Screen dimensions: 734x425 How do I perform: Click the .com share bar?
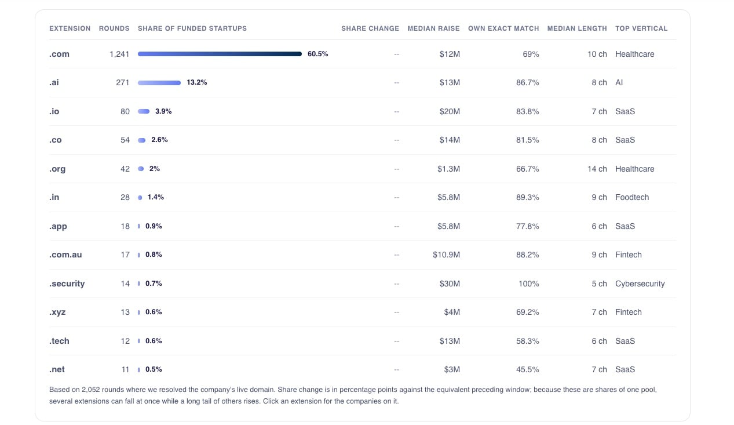220,54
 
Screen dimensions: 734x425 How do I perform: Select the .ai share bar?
159,83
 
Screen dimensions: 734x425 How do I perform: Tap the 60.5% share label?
317,54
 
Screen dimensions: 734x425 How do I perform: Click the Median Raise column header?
433,28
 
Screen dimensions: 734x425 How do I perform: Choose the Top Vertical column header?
641,28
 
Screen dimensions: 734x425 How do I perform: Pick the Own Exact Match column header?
503,28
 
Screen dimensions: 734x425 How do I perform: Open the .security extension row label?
67,284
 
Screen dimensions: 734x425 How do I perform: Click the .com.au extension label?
65,255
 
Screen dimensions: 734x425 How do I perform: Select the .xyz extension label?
57,312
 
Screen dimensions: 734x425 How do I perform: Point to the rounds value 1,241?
119,54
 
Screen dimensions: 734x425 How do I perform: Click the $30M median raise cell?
450,284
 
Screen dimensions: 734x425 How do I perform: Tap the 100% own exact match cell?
528,284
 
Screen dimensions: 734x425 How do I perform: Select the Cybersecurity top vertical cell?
640,284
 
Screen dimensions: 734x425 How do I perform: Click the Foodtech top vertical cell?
632,197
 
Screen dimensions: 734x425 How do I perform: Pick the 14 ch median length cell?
597,169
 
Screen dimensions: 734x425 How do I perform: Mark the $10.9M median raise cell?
446,255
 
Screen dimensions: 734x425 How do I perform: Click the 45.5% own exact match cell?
528,369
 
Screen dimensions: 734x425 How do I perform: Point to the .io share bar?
144,111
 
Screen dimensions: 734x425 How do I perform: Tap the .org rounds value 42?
125,169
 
